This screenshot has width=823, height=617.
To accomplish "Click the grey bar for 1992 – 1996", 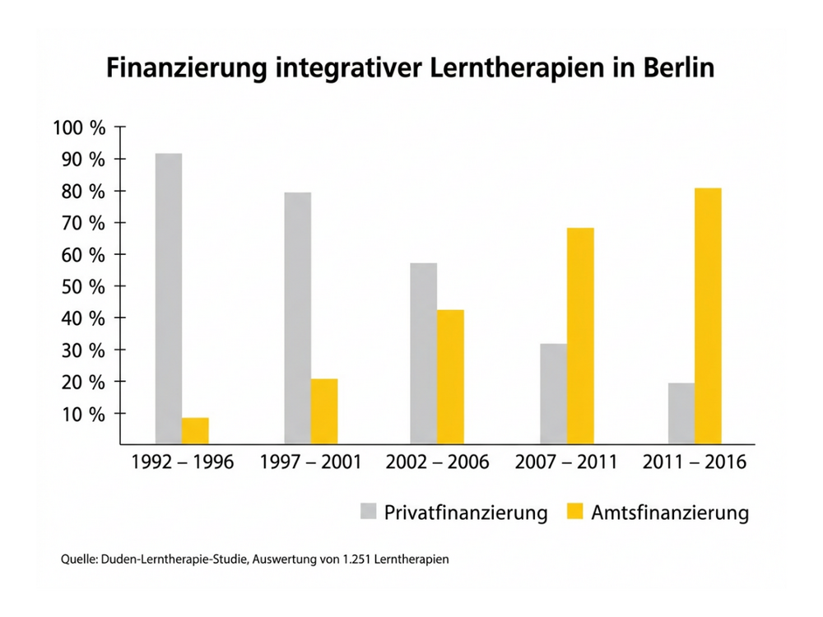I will point(169,299).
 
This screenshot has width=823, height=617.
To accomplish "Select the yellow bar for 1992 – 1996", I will point(195,430).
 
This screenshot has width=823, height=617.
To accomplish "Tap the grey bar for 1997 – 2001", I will point(298,318).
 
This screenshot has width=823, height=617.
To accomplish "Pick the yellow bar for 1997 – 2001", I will point(324,411).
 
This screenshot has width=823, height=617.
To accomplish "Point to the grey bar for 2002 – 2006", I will point(424,354).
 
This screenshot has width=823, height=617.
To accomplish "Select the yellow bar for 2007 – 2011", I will point(580,336).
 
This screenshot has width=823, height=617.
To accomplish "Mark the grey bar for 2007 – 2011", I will point(554,393).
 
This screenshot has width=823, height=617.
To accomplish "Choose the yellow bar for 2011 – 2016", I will point(708,316).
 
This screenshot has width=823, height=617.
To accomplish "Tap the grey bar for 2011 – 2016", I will point(681,413).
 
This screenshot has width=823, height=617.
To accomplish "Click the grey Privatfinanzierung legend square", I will point(367,513).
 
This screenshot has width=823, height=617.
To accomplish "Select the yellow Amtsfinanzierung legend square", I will point(574,513).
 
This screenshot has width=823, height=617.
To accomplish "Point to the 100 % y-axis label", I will point(79,128).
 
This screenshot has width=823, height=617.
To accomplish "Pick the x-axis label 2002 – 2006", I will point(437,462).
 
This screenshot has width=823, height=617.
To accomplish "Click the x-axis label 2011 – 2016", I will point(695,462).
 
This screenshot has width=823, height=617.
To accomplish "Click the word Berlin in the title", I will point(673,68).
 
